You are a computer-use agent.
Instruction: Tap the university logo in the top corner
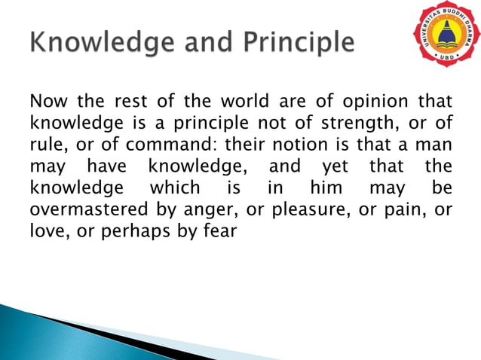tap(445, 35)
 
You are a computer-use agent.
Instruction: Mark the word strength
tap(335, 122)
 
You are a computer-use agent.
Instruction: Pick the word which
tap(175, 188)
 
